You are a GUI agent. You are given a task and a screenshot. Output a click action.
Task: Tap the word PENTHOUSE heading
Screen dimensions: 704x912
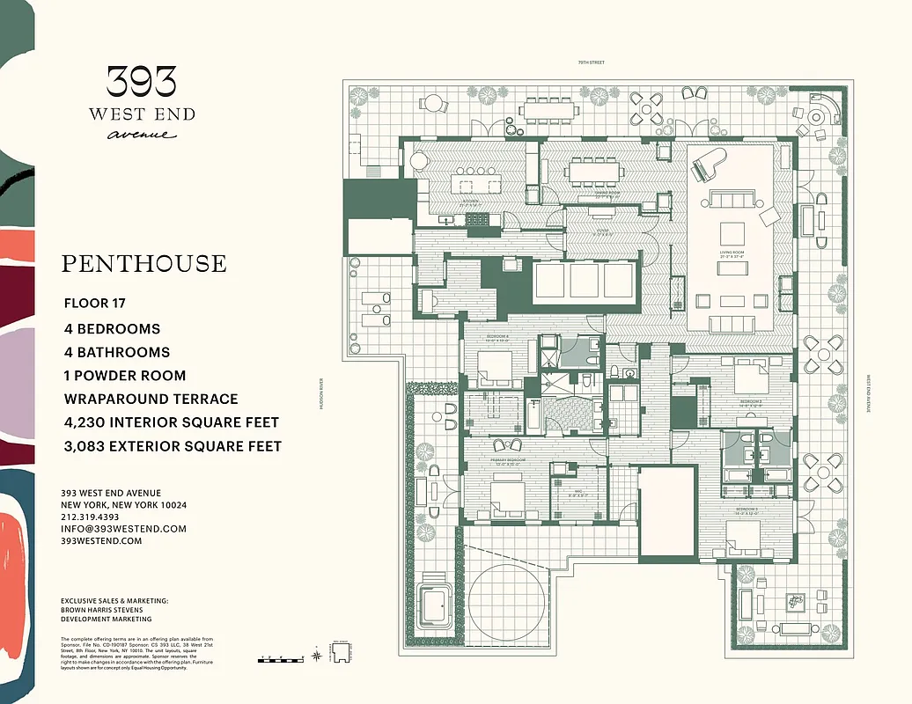click(143, 263)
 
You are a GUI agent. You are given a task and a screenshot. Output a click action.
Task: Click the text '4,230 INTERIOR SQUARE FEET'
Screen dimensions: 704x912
click(172, 423)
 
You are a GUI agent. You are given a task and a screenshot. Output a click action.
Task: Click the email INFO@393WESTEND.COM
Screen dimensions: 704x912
click(124, 529)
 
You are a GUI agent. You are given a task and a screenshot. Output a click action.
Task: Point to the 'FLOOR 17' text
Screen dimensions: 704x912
click(95, 304)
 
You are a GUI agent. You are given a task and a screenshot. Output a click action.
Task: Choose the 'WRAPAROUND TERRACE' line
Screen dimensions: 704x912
click(151, 400)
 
